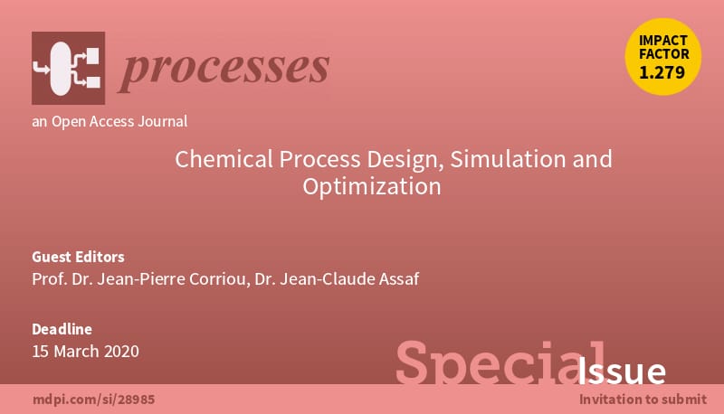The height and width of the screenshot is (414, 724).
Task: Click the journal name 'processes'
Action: (x=224, y=70)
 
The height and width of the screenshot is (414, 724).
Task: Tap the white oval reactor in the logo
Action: (x=60, y=68)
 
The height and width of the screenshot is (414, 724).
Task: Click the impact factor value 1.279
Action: (x=662, y=72)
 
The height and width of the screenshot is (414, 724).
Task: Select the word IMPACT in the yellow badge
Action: (x=663, y=41)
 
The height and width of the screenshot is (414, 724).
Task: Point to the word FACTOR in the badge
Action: (x=664, y=54)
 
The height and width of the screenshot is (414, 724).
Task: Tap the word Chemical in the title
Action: (x=224, y=159)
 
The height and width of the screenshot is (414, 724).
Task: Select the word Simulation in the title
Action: (x=508, y=159)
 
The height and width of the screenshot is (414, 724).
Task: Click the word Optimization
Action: (x=372, y=187)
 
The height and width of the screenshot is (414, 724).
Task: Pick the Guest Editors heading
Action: (x=78, y=257)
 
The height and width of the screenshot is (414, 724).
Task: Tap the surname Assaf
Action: (x=399, y=279)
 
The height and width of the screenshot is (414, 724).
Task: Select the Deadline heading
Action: (x=62, y=329)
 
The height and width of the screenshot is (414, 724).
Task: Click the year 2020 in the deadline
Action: (x=121, y=352)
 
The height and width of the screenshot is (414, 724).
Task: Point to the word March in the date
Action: (x=76, y=352)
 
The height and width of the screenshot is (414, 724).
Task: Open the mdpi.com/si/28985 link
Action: (x=94, y=400)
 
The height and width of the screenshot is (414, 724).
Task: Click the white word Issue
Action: (x=622, y=371)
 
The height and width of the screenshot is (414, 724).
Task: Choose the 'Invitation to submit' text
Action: (x=643, y=400)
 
